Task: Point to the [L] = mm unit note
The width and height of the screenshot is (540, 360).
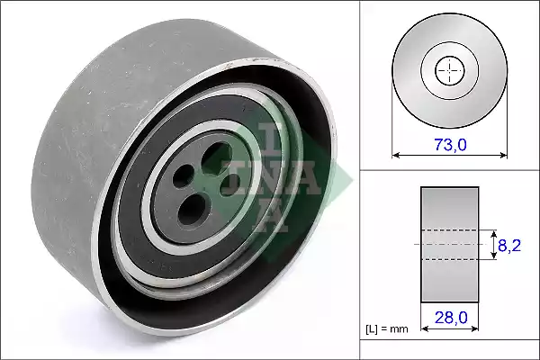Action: coord(386,329)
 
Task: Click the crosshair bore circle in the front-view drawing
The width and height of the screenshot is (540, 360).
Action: coord(448,69)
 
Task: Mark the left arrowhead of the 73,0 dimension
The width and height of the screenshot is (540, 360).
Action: coord(396,155)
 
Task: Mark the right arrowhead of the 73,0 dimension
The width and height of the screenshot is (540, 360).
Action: coord(499,155)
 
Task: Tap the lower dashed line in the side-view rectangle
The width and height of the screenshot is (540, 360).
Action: coord(449,259)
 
